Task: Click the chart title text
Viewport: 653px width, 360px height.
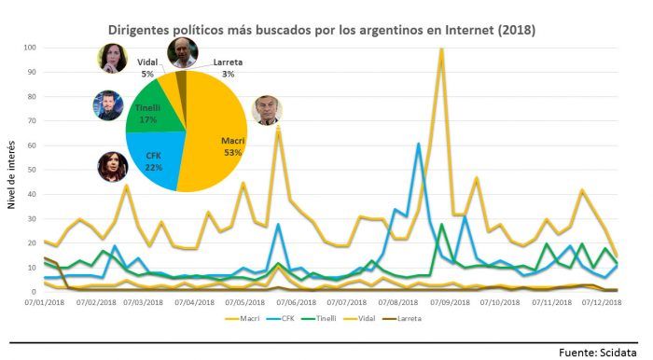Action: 322,30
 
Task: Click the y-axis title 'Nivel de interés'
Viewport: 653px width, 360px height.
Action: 11,174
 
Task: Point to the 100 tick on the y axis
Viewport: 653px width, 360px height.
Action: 30,48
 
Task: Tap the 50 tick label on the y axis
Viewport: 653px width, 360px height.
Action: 32,170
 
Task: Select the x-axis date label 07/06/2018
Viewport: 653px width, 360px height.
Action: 297,302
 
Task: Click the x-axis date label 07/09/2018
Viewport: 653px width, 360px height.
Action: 450,302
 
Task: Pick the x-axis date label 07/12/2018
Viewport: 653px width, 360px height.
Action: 602,302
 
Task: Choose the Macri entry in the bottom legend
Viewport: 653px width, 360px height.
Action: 243,318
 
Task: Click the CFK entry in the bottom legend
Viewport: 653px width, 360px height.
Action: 281,318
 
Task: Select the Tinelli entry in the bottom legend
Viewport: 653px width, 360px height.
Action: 319,318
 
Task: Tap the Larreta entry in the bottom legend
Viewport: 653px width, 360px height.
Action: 403,318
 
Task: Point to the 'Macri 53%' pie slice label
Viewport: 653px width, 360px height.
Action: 233,146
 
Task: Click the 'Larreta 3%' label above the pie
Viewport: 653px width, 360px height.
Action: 228,68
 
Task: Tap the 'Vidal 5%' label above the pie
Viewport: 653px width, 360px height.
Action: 147,68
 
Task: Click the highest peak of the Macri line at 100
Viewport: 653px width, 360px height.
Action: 441,49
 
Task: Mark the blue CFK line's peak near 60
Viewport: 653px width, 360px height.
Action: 419,144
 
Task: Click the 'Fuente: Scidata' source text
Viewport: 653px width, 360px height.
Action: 598,353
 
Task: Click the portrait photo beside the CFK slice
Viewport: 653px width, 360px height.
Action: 113,166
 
